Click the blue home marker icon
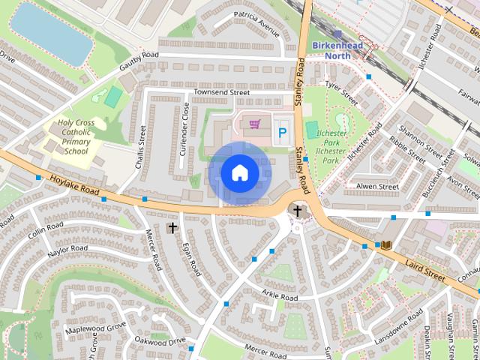[239, 173]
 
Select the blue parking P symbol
[283, 133]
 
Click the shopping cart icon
[255, 123]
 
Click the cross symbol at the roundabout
[298, 211]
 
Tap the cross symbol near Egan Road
[172, 227]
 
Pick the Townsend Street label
[221, 92]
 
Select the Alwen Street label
[377, 186]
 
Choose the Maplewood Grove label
[95, 328]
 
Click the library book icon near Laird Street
[386, 245]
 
